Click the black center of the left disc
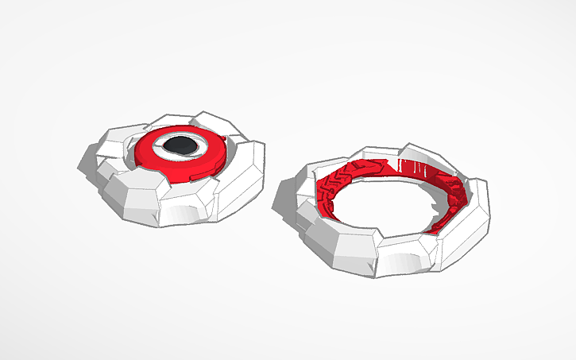tap(182, 145)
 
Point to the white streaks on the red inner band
tap(413, 169)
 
